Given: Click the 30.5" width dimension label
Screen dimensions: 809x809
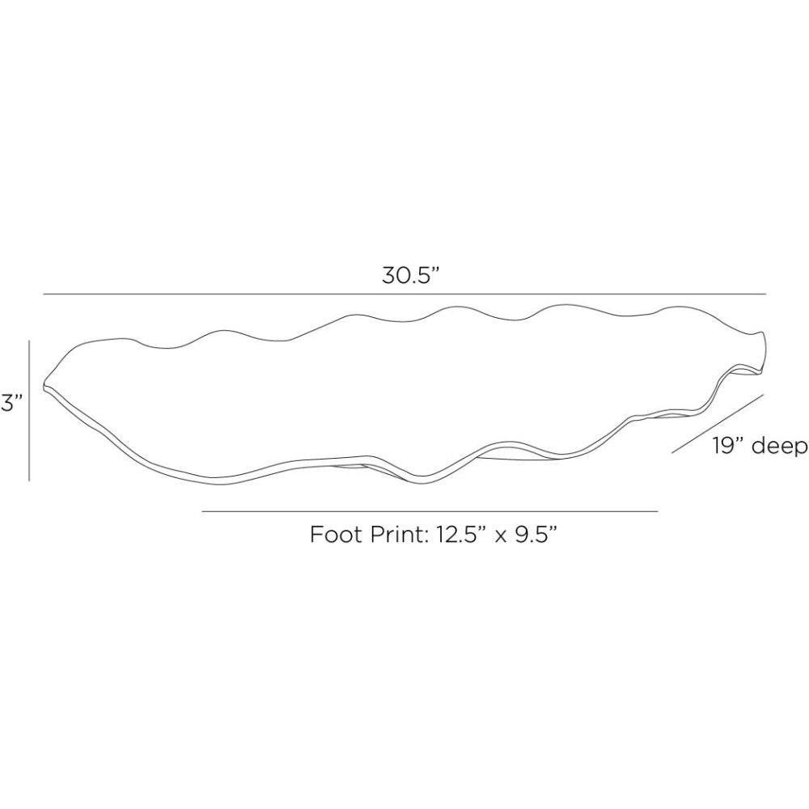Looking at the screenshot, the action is click(x=410, y=276).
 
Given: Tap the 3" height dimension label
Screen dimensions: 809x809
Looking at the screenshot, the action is click(x=11, y=402).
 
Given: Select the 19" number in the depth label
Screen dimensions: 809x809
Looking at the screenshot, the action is click(x=729, y=446).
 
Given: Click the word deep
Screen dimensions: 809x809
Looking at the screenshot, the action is click(x=779, y=447).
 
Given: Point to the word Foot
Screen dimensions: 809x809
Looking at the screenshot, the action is click(x=338, y=534).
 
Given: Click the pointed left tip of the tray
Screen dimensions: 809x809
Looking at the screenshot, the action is click(x=44, y=385).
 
